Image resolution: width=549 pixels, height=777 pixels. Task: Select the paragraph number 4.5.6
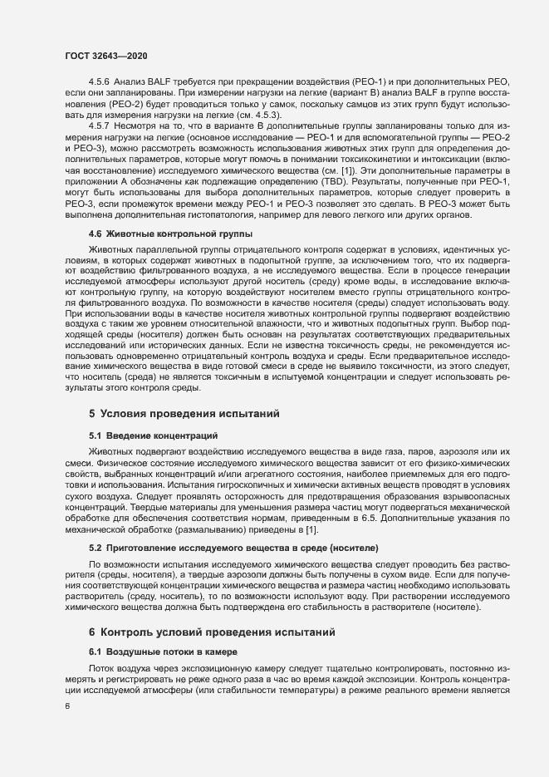(x=99, y=84)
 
